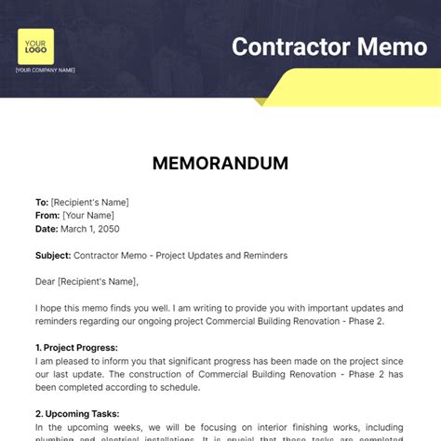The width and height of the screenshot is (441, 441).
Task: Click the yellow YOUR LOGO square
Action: (35, 47)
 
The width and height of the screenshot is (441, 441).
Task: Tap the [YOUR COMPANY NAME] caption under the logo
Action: (46, 71)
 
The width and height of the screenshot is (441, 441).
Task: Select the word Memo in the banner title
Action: (391, 47)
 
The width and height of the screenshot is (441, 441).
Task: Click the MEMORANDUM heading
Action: (220, 163)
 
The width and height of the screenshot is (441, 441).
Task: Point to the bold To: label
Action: (42, 202)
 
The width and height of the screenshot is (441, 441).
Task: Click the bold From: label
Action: (47, 215)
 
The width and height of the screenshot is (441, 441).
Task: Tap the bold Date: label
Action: (47, 228)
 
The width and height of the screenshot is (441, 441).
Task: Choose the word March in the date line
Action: (73, 228)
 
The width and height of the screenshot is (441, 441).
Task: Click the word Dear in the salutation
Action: (47, 281)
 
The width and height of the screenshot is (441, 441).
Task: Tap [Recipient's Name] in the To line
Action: (90, 202)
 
